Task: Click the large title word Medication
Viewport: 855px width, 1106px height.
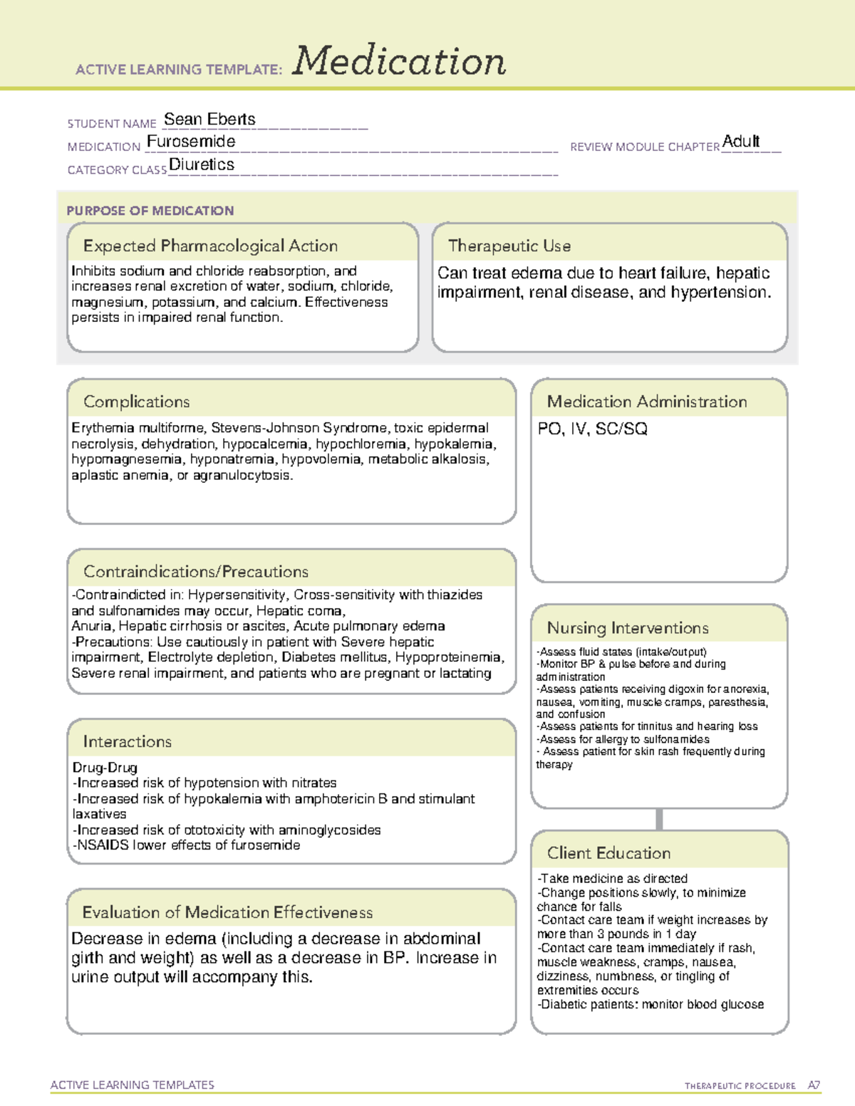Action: pos(399,61)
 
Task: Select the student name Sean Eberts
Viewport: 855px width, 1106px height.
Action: pos(209,120)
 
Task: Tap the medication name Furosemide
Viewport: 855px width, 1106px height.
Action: pos(191,142)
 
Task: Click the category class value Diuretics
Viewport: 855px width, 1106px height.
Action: pos(202,165)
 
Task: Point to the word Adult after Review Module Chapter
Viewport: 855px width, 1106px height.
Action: pos(741,141)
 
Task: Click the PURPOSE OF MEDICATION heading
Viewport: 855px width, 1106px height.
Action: pos(150,211)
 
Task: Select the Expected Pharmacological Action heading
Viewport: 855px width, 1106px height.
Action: pos(210,246)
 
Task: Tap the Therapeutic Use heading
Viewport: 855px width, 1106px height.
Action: pos(509,246)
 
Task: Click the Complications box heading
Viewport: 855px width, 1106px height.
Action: pos(137,402)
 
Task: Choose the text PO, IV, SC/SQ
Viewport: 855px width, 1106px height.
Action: pos(593,429)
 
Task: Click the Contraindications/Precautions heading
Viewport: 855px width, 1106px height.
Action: pos(196,571)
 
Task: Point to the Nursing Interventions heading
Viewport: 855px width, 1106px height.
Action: pos(628,627)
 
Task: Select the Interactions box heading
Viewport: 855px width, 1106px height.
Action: pos(128,741)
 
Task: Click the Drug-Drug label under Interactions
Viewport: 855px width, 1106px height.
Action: pos(105,768)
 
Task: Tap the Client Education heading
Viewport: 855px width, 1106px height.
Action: pos(608,852)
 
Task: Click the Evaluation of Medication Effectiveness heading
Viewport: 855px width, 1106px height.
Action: pos(227,912)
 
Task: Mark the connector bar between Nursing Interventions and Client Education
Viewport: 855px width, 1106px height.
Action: pos(659,819)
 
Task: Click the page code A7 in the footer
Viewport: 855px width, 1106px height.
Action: pos(814,1085)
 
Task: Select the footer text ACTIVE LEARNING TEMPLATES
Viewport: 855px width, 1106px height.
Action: pos(133,1085)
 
